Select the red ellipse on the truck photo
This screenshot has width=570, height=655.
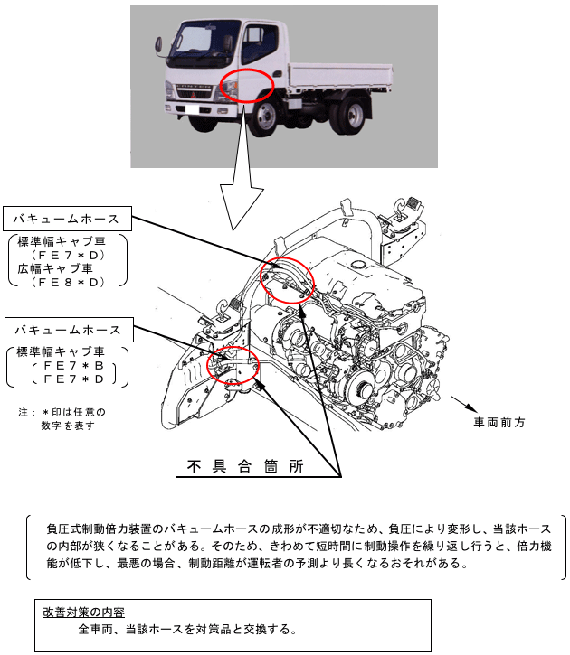click(x=246, y=87)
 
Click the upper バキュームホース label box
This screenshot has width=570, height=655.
click(x=68, y=219)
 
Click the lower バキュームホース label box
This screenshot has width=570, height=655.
click(x=68, y=329)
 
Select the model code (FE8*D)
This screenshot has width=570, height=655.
click(x=68, y=283)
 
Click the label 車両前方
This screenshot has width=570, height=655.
click(x=499, y=422)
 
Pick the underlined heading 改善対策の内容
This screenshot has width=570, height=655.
click(x=83, y=612)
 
